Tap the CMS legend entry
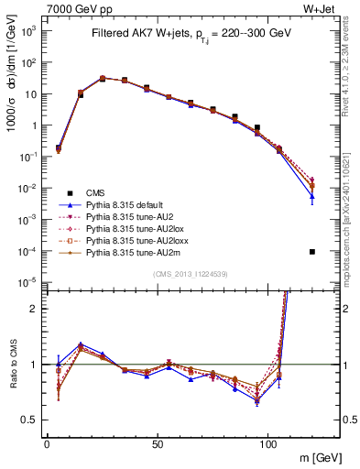(97, 192)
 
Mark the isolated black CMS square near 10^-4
(312, 252)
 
